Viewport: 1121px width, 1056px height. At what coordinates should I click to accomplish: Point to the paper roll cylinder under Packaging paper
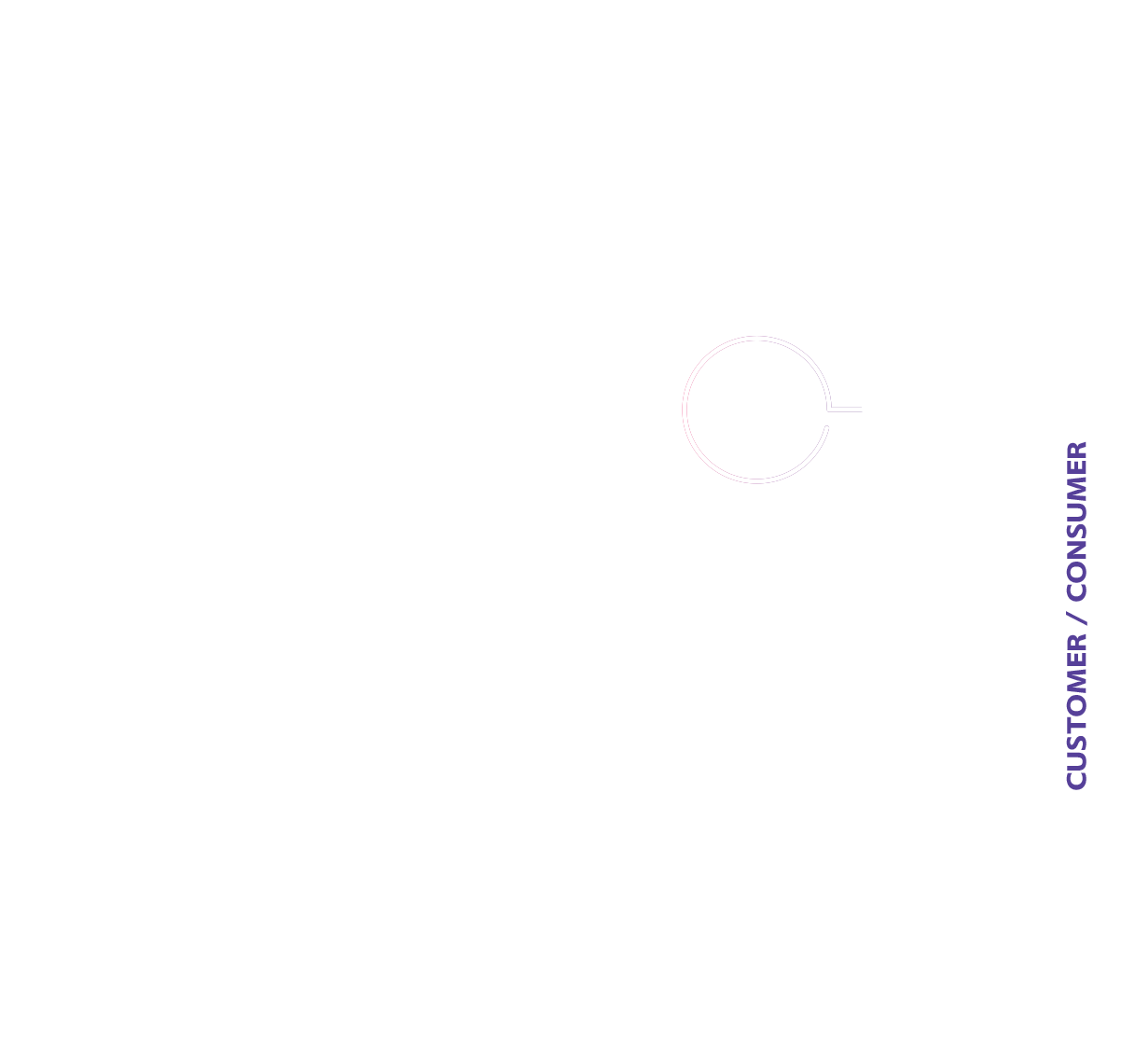point(559,429)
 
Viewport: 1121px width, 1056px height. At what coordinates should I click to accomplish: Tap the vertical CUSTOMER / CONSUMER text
point(1076,616)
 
